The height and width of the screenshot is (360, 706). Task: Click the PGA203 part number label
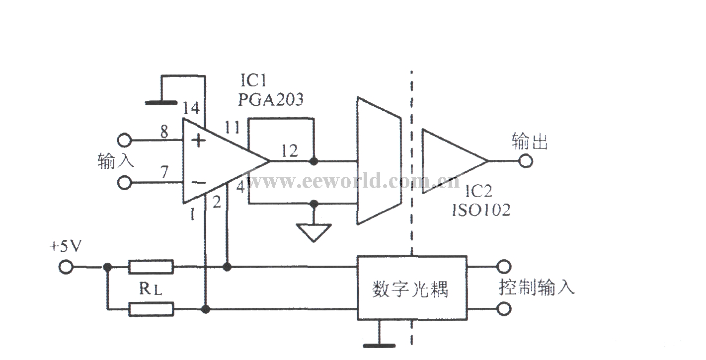pyautogui.click(x=271, y=99)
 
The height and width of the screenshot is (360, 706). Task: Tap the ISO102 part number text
pyautogui.click(x=481, y=210)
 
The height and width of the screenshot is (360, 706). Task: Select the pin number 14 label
pyautogui.click(x=191, y=108)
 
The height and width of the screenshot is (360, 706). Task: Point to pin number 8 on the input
pyautogui.click(x=164, y=132)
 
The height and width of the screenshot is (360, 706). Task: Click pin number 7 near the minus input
pyautogui.click(x=164, y=172)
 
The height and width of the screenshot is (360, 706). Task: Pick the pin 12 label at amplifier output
pyautogui.click(x=290, y=151)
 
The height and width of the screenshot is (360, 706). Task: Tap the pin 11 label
pyautogui.click(x=233, y=127)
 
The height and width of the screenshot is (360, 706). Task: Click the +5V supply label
pyautogui.click(x=66, y=246)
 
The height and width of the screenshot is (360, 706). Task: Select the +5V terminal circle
pyautogui.click(x=66, y=268)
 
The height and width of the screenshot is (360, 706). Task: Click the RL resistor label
pyautogui.click(x=151, y=288)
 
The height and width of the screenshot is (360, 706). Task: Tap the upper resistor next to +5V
pyautogui.click(x=151, y=267)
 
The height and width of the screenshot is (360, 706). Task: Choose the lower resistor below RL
pyautogui.click(x=151, y=309)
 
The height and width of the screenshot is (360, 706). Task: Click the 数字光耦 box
pyautogui.click(x=412, y=288)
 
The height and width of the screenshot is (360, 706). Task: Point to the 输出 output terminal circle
pyautogui.click(x=526, y=161)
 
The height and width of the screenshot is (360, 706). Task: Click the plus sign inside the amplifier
pyautogui.click(x=198, y=141)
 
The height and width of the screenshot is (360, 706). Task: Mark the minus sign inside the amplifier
pyautogui.click(x=199, y=182)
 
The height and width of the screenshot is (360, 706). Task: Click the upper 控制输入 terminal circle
pyautogui.click(x=504, y=267)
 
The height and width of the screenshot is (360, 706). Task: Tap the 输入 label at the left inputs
pyautogui.click(x=116, y=161)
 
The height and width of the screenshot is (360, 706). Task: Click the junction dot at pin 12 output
pyautogui.click(x=314, y=161)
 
